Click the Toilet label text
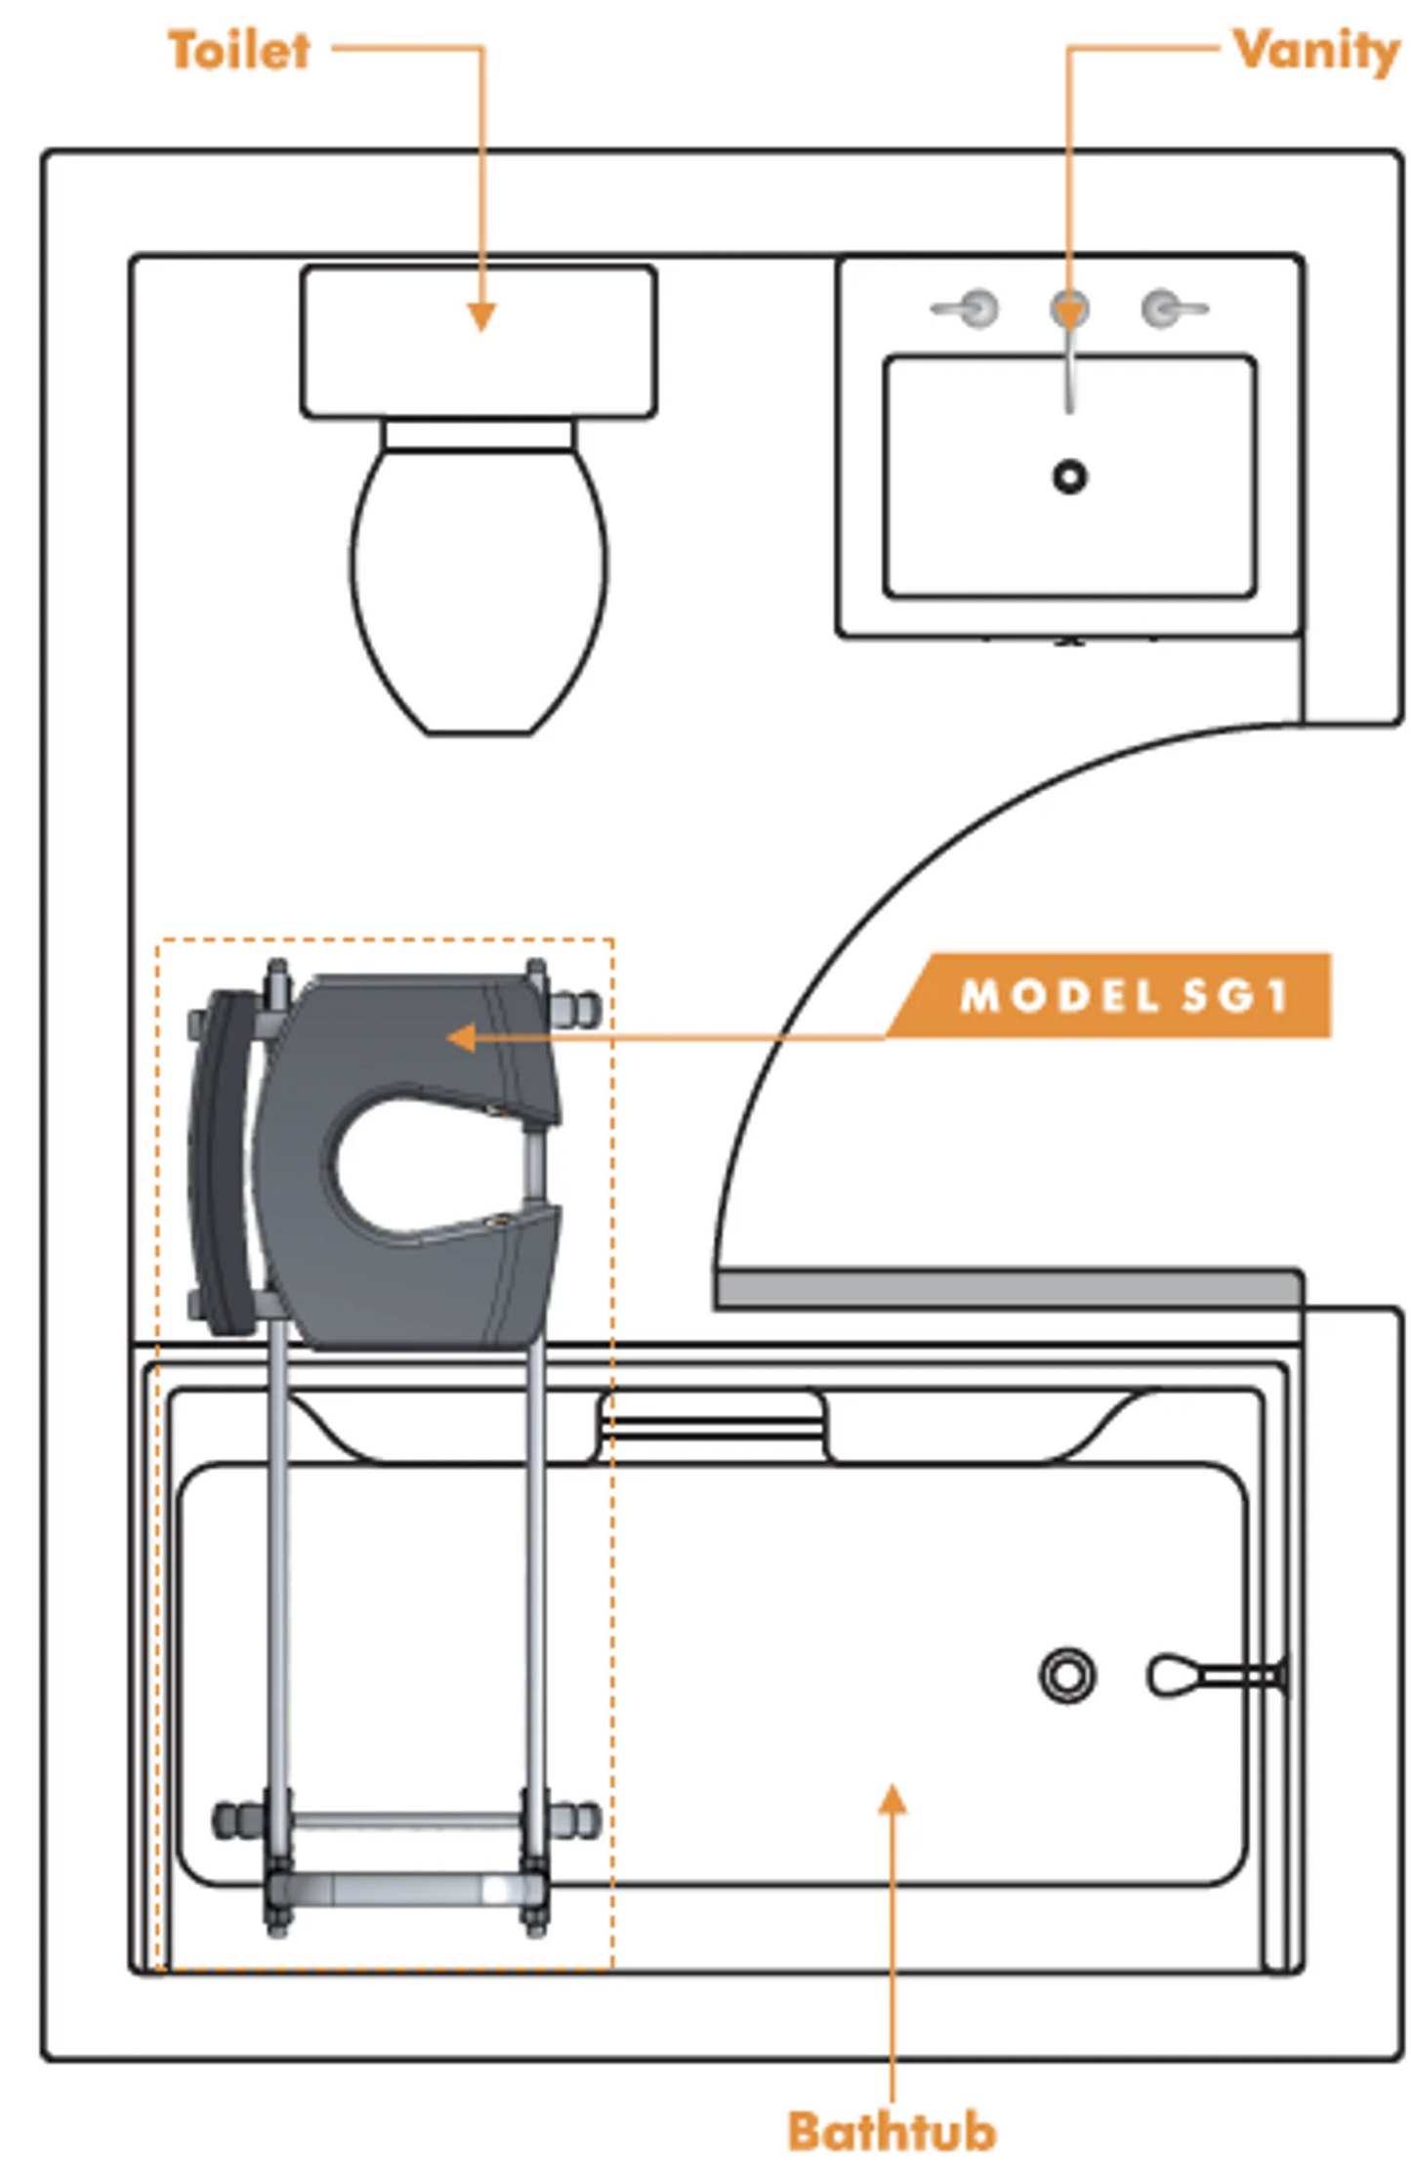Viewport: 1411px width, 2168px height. click(x=239, y=50)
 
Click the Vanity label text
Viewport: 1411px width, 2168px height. click(x=1316, y=50)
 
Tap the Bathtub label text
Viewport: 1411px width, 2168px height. click(x=892, y=2131)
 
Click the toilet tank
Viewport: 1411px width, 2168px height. click(x=478, y=342)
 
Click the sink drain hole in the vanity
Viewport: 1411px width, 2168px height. click(x=1070, y=477)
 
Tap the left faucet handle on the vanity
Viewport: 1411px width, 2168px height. click(x=966, y=309)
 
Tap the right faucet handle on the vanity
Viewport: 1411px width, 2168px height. click(x=1174, y=309)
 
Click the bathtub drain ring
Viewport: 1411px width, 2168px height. click(x=1067, y=1676)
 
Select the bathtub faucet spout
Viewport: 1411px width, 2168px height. click(x=1216, y=1676)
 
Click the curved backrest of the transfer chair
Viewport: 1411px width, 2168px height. click(x=225, y=1162)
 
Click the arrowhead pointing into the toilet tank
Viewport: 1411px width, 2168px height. click(x=480, y=317)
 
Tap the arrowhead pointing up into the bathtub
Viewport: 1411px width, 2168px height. click(x=892, y=1799)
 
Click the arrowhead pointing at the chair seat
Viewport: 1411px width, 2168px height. click(x=461, y=1038)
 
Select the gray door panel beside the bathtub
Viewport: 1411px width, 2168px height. click(x=1008, y=1289)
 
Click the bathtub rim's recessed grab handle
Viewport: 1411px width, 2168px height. click(x=712, y=1425)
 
